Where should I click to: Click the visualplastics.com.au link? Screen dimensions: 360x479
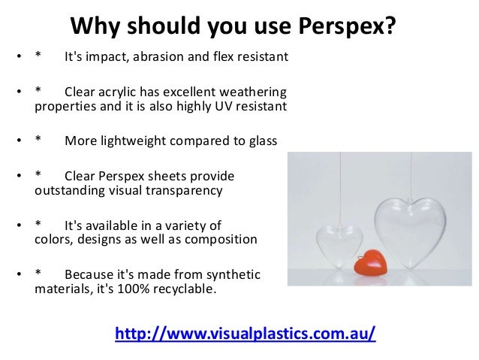[245, 333]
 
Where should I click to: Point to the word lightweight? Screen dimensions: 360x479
[137, 141]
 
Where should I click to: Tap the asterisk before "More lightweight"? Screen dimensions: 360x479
[39, 141]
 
